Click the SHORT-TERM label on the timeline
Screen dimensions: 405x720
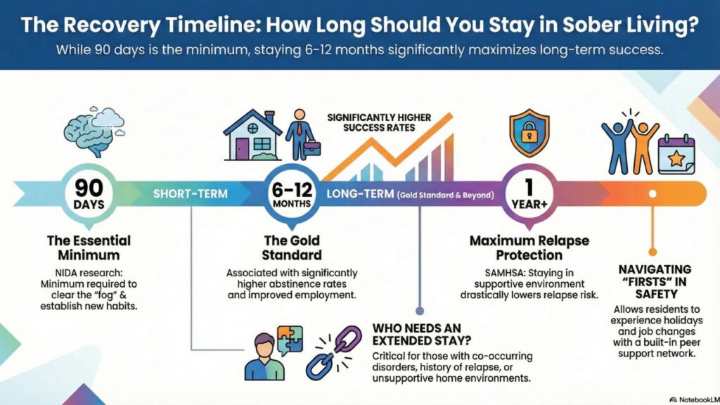pos(191,193)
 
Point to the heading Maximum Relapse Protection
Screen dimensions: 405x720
pos(529,247)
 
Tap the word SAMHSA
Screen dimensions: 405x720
pos(485,272)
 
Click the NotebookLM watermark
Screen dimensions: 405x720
pos(693,399)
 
